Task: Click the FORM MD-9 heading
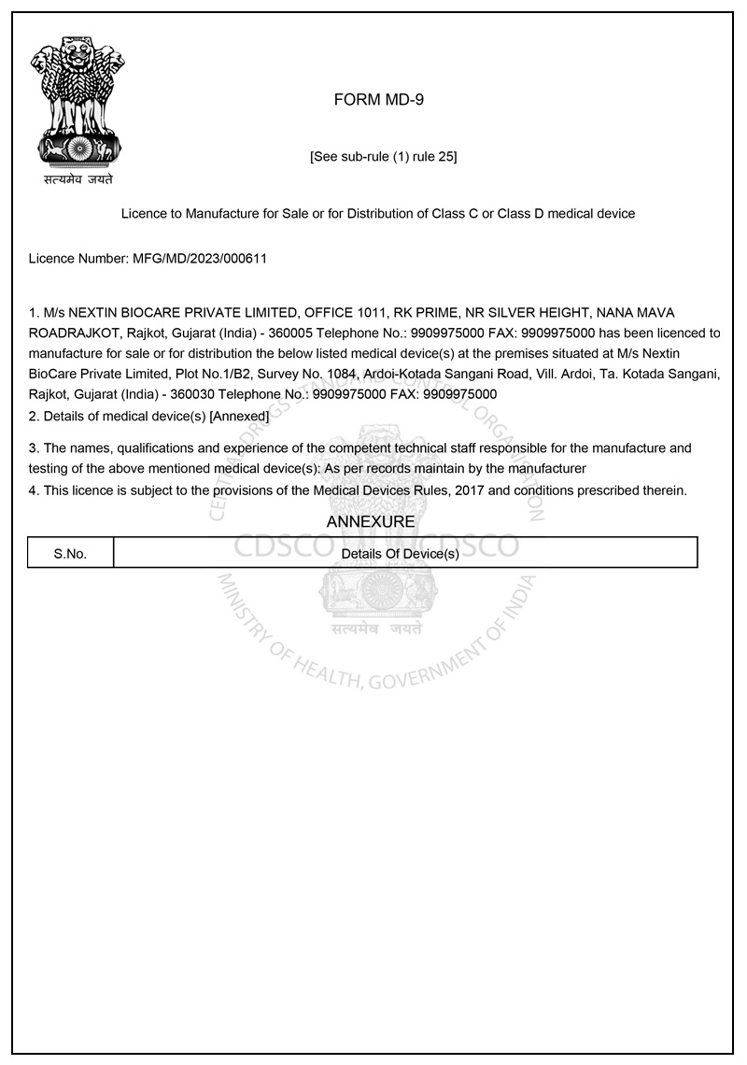tap(378, 100)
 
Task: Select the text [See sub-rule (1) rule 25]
tap(383, 157)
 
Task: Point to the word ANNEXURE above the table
tap(371, 522)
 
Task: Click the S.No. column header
tap(70, 553)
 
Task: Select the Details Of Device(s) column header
tap(401, 553)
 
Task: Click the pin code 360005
tap(290, 333)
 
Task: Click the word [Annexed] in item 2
tap(240, 416)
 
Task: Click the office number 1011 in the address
tap(364, 312)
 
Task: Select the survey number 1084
tap(337, 374)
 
